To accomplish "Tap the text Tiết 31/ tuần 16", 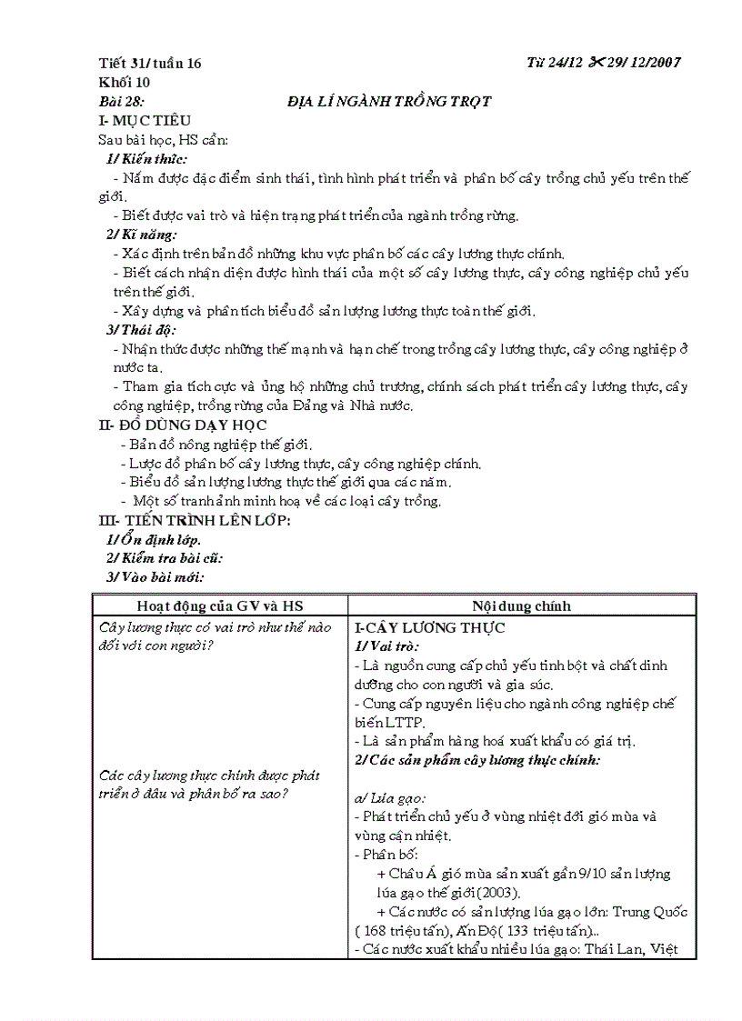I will click(x=150, y=63).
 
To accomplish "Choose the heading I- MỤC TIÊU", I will click(x=145, y=121).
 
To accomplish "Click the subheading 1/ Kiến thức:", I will click(x=147, y=159).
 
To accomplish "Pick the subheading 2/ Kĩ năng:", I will click(x=142, y=235).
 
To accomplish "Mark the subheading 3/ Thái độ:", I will click(x=142, y=329).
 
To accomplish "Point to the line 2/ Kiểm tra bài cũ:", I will click(x=165, y=558).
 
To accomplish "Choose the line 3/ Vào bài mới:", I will click(x=155, y=577).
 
